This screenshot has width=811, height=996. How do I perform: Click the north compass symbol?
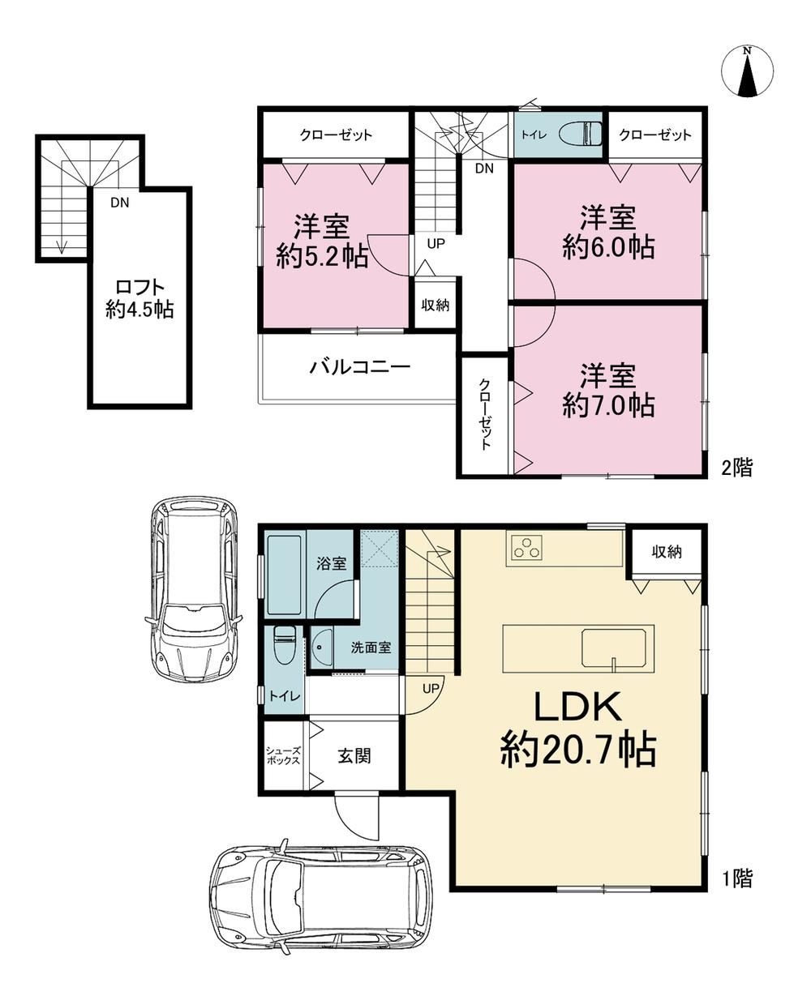(747, 71)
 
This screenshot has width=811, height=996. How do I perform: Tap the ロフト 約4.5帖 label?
(139, 298)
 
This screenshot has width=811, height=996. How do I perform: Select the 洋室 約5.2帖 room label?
(322, 242)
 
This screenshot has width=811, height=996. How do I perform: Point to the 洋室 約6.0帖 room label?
(608, 233)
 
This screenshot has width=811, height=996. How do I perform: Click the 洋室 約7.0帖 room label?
(608, 391)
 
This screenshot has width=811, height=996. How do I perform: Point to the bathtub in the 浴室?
(284, 575)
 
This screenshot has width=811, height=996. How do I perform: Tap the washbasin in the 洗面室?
(321, 648)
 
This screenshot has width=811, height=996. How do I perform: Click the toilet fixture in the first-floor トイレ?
(284, 646)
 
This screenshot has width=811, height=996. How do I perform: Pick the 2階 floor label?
(736, 467)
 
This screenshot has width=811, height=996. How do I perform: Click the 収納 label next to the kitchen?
(667, 552)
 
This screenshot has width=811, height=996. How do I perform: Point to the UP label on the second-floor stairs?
(436, 244)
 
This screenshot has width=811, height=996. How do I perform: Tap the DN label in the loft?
(120, 203)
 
